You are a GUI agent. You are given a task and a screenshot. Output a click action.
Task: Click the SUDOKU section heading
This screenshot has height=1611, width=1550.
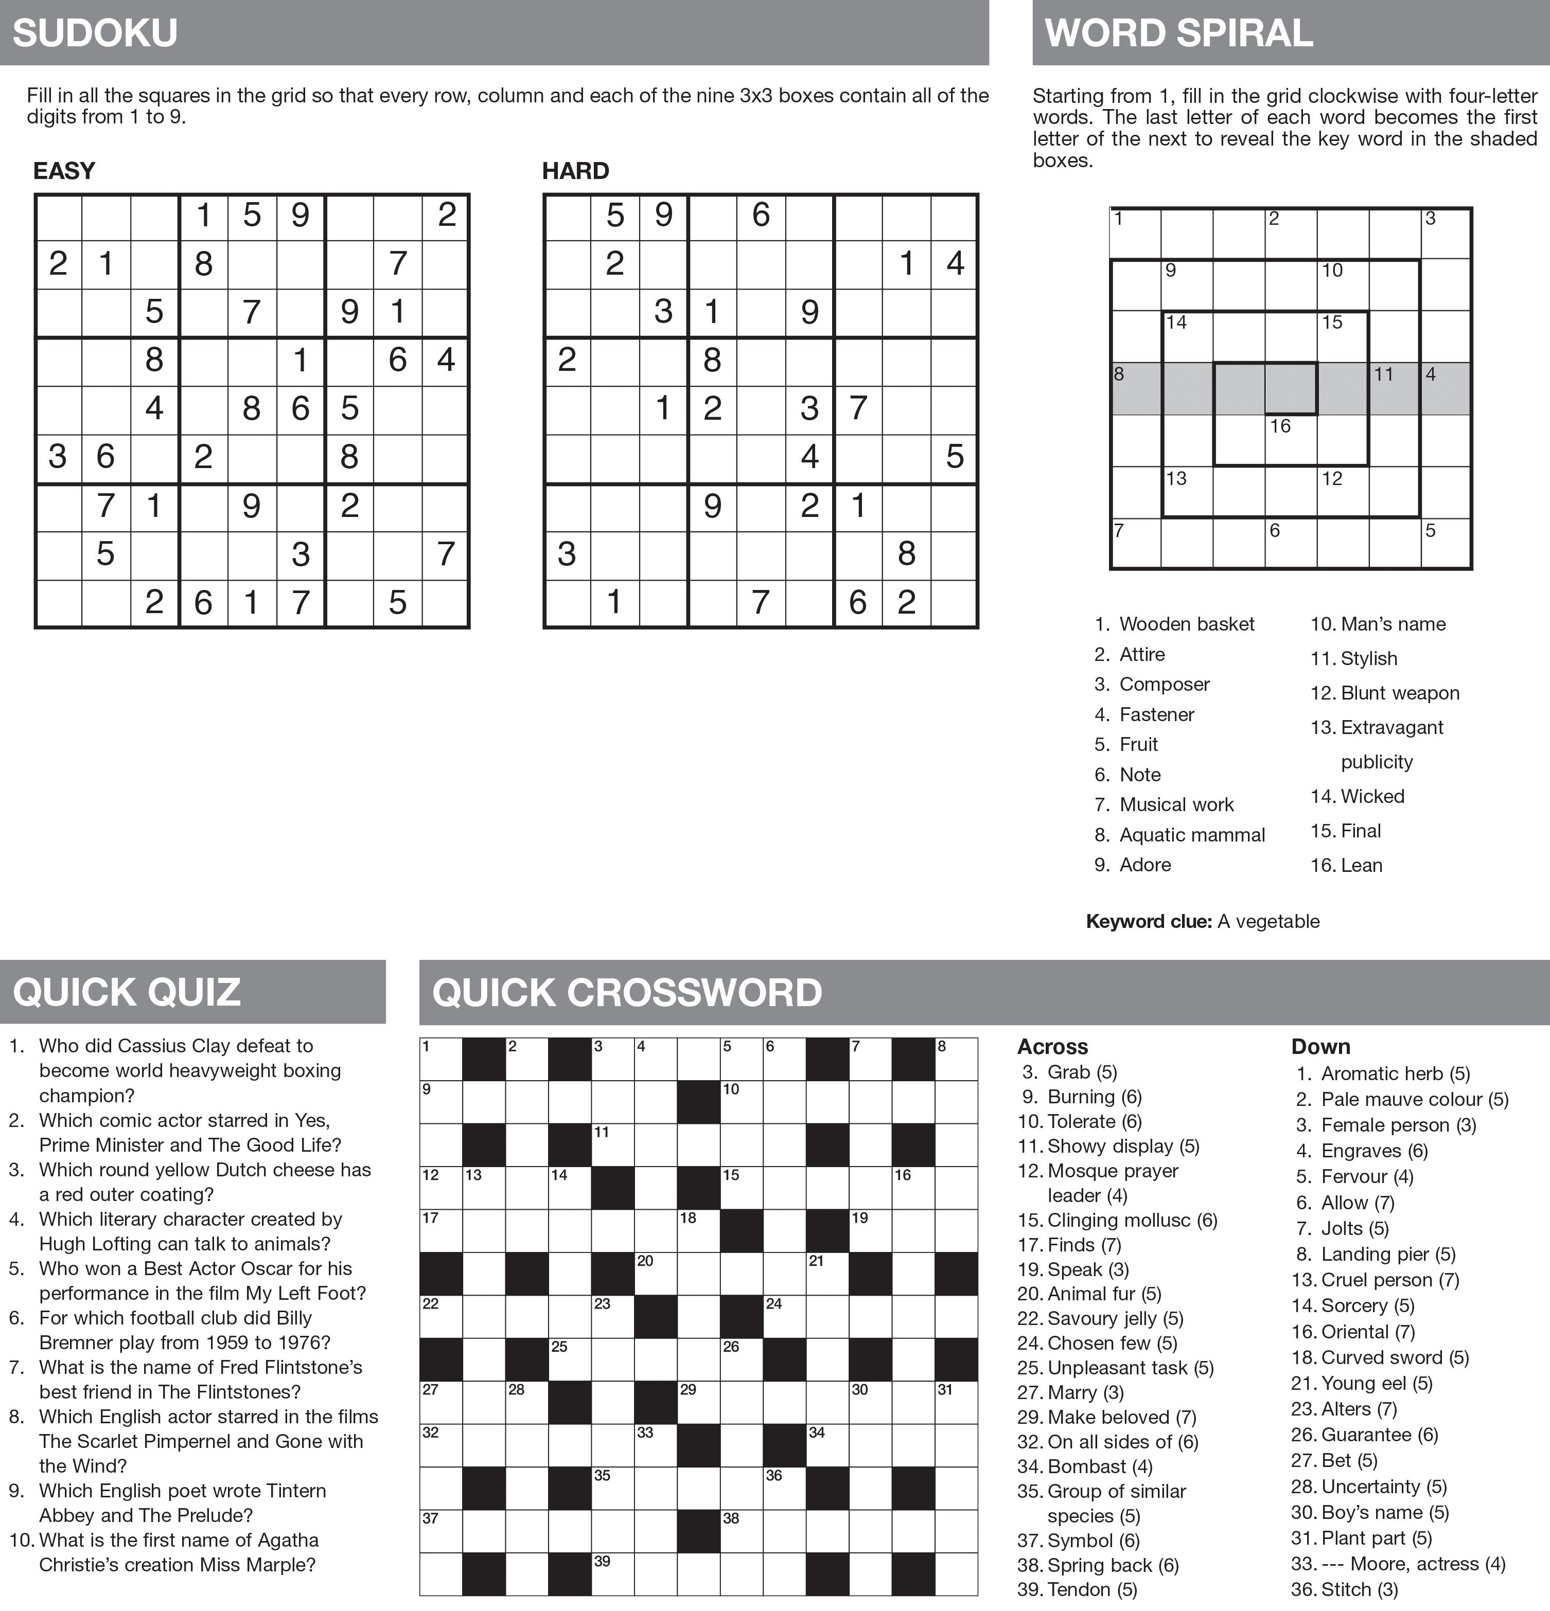tap(95, 33)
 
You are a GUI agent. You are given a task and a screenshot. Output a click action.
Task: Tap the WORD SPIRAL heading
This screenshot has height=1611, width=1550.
tap(1178, 33)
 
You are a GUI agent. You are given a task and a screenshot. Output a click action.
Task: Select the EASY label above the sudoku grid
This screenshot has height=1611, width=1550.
tap(64, 171)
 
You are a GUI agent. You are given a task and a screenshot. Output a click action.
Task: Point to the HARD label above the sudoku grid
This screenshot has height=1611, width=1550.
tap(576, 171)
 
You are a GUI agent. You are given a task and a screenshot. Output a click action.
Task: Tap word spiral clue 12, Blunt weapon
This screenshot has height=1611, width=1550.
tap(1385, 693)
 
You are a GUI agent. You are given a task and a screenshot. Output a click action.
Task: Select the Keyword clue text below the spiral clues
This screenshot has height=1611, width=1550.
tap(1202, 921)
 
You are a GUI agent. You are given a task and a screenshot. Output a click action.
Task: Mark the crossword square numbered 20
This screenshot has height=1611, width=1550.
tap(656, 1274)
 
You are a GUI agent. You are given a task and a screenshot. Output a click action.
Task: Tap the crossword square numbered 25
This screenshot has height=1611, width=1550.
tap(570, 1359)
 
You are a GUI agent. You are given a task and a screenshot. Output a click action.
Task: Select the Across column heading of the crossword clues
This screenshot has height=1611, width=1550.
tap(1052, 1046)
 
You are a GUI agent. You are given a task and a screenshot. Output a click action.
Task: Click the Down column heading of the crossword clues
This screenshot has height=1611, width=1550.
tap(1320, 1046)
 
